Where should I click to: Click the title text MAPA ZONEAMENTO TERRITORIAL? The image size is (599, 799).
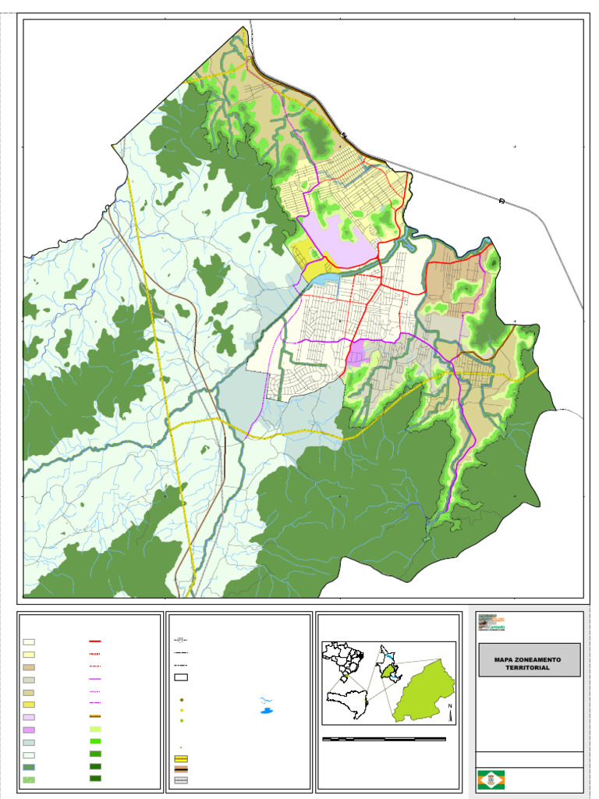(x=529, y=663)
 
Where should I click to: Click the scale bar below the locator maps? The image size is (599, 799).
(x=384, y=738)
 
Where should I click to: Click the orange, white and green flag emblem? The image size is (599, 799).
(x=490, y=779)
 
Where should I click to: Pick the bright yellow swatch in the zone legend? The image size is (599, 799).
(x=28, y=705)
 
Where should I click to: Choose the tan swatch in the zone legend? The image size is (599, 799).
(x=28, y=667)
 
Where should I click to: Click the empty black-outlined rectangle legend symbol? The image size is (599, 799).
(x=181, y=677)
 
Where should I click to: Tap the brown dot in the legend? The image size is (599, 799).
(x=181, y=701)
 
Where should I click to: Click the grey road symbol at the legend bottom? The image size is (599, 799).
(x=181, y=779)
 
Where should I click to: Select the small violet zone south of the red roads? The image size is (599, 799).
(x=356, y=357)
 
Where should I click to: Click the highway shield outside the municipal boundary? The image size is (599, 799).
(x=502, y=201)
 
